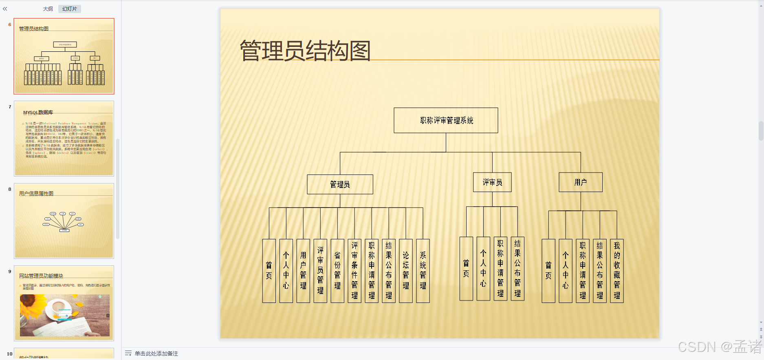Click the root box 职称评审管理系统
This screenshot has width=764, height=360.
pos(446,120)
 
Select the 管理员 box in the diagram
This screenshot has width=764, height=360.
pos(340,184)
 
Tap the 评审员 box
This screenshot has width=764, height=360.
pos(492,182)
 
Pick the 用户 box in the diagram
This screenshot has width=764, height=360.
pos(580,182)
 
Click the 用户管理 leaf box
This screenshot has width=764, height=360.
pos(303,271)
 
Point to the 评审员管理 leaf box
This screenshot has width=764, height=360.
pos(320,271)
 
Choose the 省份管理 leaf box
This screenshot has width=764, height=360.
pos(337,271)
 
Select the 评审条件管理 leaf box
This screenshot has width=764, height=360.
pos(354,271)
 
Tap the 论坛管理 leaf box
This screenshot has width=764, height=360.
pos(406,271)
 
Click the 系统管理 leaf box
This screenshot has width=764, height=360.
pos(423,271)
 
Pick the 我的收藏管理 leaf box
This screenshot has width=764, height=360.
pos(617,271)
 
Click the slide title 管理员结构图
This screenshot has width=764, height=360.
pos(305,51)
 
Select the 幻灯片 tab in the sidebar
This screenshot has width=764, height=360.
pos(70,9)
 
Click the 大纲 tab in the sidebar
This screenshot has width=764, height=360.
pos(48,9)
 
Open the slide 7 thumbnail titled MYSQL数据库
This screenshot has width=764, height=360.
pos(64,139)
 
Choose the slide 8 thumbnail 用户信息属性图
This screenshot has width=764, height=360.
pos(64,221)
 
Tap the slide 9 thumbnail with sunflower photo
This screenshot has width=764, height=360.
pos(64,303)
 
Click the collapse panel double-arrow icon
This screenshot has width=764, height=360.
pos(5,9)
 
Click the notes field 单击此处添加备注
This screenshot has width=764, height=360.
pos(156,353)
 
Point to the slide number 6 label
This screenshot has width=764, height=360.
pos(10,24)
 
